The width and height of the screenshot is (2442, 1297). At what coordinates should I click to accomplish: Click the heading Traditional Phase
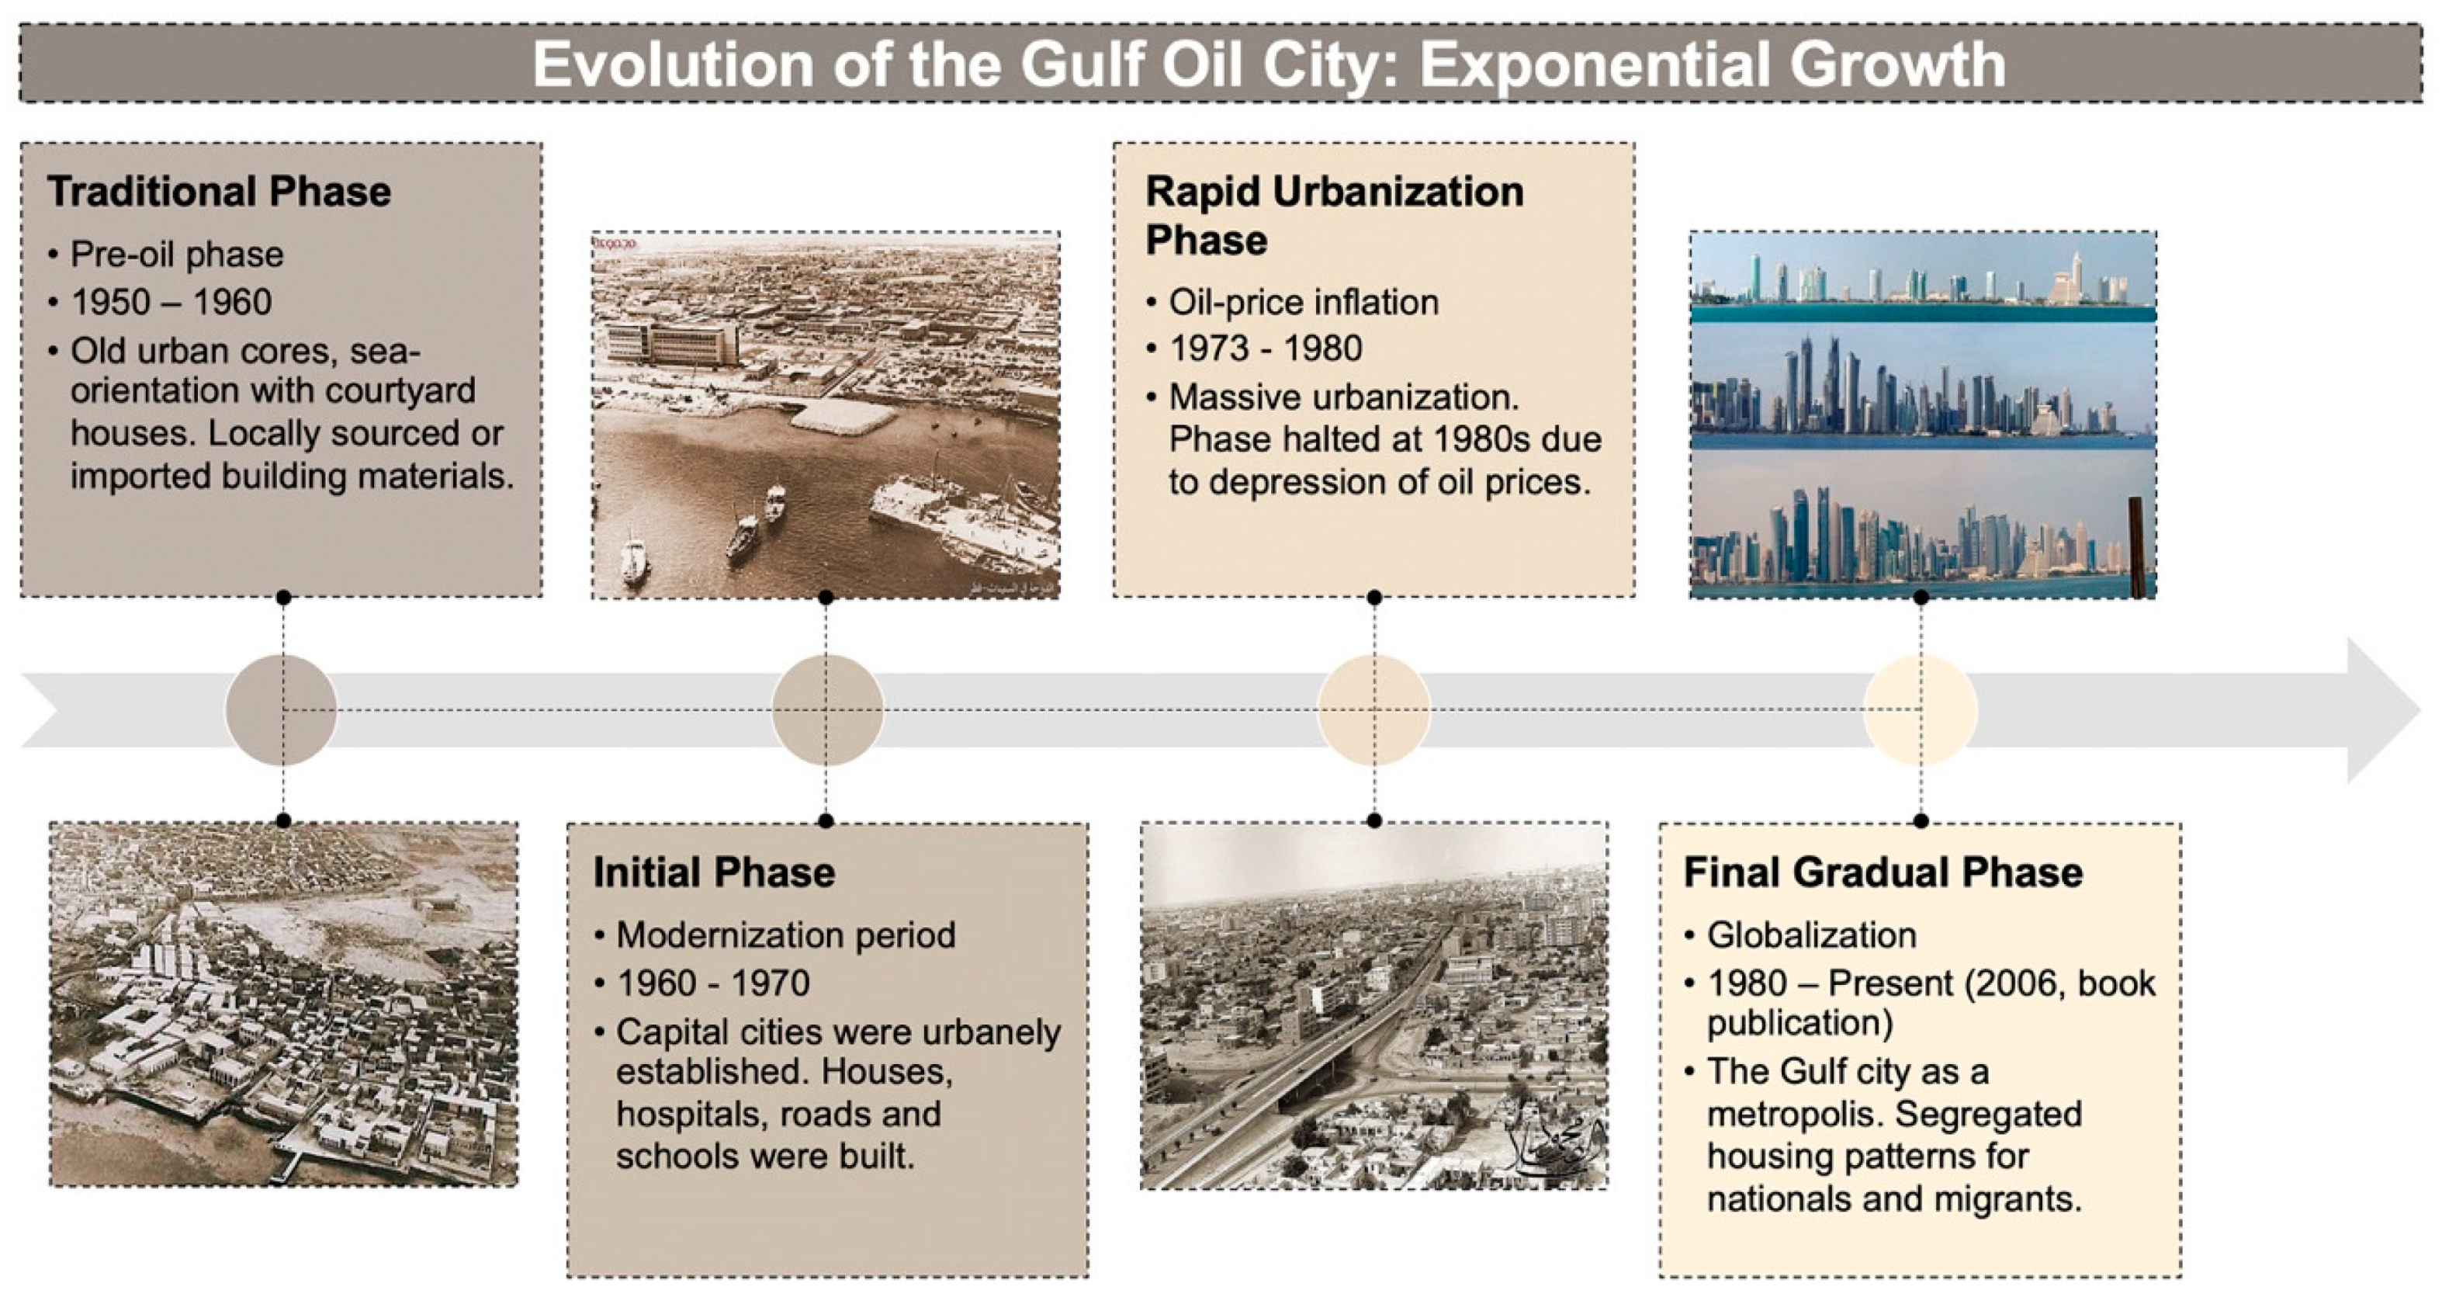[x=219, y=192]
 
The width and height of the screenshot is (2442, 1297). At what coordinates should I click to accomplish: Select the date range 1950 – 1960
[x=171, y=303]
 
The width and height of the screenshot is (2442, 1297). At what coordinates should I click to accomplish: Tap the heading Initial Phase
[x=714, y=872]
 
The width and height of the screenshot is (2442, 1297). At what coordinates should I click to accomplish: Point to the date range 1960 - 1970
[x=713, y=983]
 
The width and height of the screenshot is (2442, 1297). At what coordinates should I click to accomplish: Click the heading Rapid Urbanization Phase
[x=1334, y=215]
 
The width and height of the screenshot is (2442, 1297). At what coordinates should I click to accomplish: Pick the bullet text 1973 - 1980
[x=1266, y=349]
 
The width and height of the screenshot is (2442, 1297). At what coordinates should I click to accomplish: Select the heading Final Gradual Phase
[x=1883, y=872]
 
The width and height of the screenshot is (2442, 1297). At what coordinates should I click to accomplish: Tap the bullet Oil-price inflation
[x=1304, y=303]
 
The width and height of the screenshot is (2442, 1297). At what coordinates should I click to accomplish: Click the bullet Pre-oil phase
[x=177, y=255]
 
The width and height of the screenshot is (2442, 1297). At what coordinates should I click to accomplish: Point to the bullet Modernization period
[x=786, y=936]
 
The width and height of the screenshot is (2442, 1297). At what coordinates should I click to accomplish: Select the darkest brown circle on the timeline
[x=282, y=710]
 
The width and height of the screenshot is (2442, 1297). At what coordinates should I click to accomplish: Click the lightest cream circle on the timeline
[x=1921, y=710]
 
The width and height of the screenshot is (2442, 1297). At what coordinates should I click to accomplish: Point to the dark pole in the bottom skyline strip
[x=2135, y=547]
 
